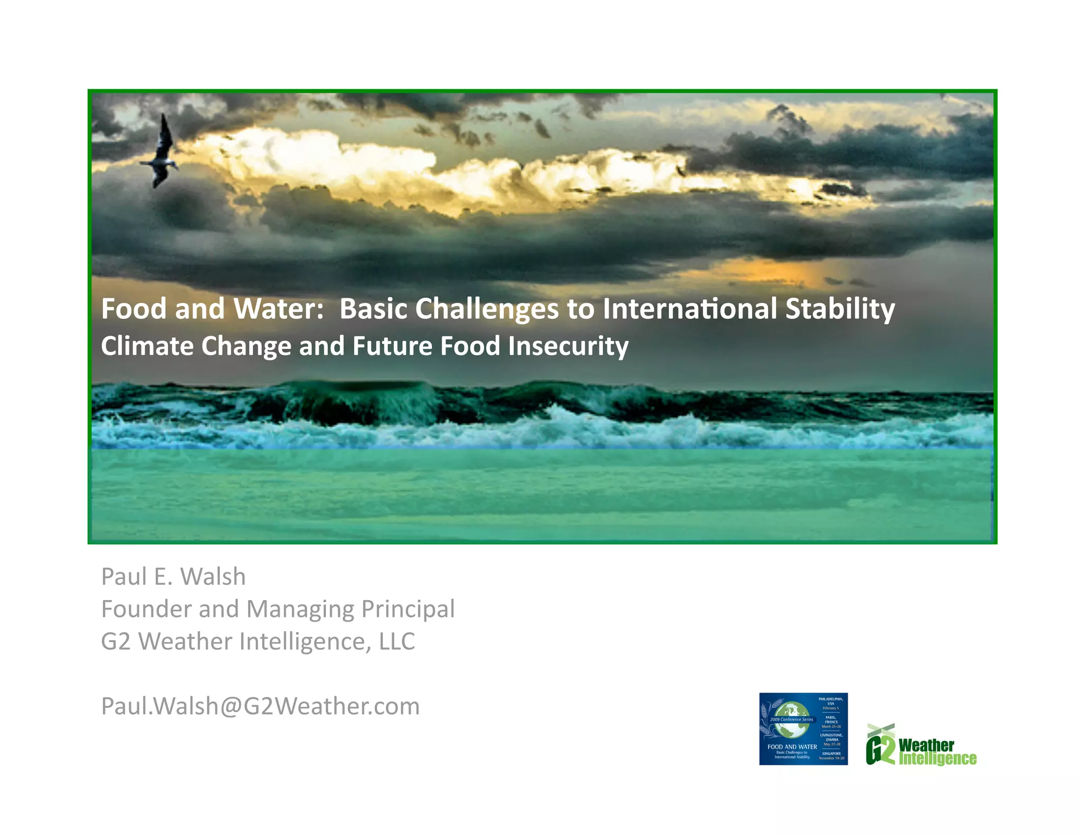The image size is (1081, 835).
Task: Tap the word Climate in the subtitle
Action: pos(147,346)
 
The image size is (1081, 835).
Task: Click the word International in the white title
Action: pos(689,308)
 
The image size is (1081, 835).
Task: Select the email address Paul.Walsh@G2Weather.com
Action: pos(260,706)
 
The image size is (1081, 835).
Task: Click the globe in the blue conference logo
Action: pos(792,720)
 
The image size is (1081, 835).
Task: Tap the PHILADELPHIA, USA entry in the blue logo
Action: pos(831,701)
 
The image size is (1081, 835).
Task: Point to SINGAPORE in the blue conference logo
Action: pos(831,753)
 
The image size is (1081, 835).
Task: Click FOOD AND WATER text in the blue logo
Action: pos(792,747)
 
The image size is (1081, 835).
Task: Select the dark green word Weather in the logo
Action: pos(926,745)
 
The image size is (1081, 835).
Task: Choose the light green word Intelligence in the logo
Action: pos(937,759)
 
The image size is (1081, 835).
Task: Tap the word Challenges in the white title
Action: pos(487,308)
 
